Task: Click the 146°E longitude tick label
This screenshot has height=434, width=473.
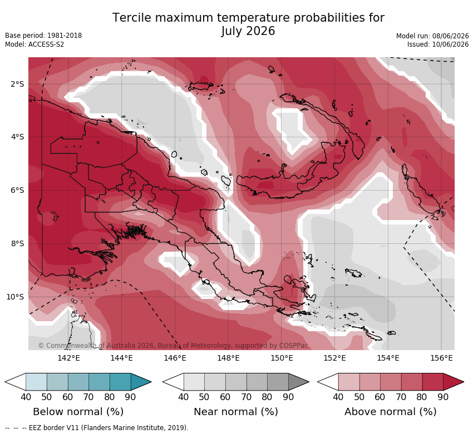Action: click(x=175, y=358)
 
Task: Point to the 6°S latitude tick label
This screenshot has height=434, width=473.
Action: click(x=17, y=191)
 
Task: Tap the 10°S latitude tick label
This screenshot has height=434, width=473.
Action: click(x=15, y=297)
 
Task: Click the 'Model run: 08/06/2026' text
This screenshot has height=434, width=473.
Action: click(x=432, y=36)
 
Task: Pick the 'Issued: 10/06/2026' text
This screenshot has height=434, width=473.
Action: click(x=438, y=44)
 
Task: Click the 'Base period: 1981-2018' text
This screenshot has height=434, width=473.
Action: click(x=43, y=36)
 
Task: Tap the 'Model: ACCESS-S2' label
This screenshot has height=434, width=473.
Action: click(x=35, y=44)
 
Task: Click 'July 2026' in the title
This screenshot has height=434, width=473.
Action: click(x=248, y=31)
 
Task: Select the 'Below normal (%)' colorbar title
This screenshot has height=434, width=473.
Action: click(x=78, y=412)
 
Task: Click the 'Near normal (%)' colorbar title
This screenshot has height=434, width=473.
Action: click(x=236, y=412)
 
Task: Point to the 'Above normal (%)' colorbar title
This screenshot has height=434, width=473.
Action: click(x=391, y=412)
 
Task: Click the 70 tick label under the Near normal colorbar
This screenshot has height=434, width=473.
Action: click(x=246, y=397)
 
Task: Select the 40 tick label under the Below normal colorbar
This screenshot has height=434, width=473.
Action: click(x=26, y=397)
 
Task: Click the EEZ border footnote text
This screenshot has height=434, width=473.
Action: click(x=96, y=428)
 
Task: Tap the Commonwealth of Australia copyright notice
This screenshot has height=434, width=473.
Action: click(x=173, y=346)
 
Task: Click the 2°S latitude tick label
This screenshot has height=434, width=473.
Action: click(x=17, y=84)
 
